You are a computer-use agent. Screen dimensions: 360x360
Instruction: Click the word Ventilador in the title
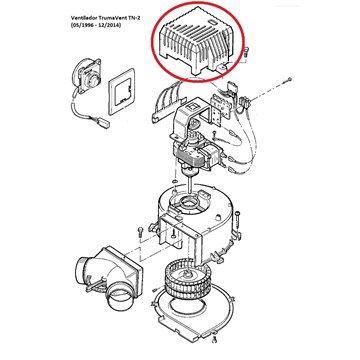[x=83, y=18]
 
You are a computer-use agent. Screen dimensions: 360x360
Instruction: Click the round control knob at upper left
[x=87, y=76]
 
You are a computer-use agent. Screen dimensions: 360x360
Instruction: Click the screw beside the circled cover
[x=246, y=53]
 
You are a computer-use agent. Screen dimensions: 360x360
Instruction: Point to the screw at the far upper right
[x=289, y=80]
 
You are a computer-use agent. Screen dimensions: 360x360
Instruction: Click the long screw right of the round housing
[x=237, y=222]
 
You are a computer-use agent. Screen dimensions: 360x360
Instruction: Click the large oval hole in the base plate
[x=187, y=304]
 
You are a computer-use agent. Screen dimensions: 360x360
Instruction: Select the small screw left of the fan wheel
[x=155, y=289]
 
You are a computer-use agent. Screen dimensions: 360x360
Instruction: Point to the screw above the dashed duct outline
[x=141, y=231]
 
